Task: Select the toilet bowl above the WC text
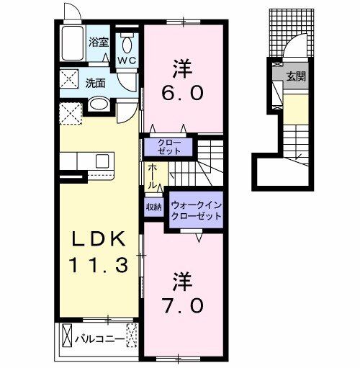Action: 127,39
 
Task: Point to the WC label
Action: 127,60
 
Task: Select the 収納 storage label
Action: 153,207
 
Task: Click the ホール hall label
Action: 153,176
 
